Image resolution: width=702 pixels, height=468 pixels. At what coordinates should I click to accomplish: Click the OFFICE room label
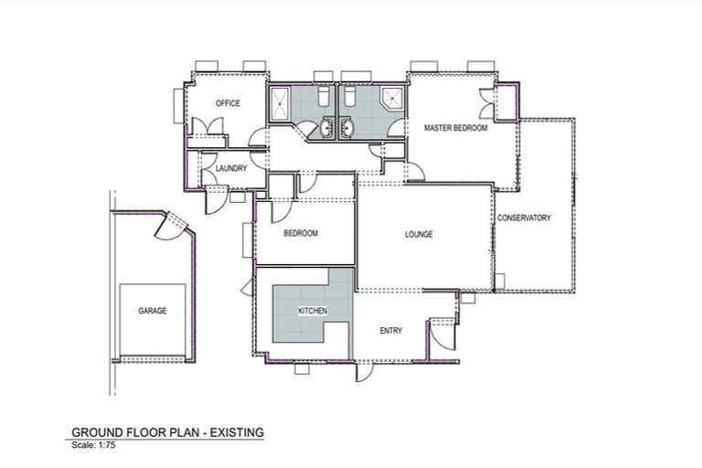click(x=228, y=103)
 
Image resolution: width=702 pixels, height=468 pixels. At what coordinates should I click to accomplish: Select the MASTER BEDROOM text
click(x=455, y=129)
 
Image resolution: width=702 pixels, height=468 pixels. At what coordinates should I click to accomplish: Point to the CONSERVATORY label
click(x=524, y=218)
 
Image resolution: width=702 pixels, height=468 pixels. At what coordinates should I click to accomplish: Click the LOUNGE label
click(x=419, y=234)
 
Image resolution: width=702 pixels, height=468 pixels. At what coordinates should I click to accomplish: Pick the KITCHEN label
click(x=313, y=312)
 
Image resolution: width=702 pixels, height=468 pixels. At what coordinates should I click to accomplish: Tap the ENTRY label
click(x=390, y=330)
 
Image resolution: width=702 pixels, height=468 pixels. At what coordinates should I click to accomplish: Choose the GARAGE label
click(x=152, y=311)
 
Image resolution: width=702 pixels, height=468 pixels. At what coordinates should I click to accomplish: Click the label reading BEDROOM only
click(x=300, y=234)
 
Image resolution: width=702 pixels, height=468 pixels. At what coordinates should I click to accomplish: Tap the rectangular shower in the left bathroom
click(x=280, y=104)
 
